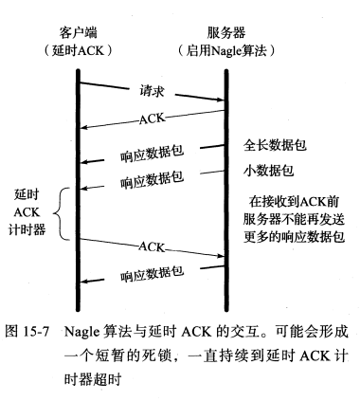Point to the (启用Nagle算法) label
pyautogui.click(x=226, y=49)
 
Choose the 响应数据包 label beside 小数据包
pyautogui.click(x=152, y=179)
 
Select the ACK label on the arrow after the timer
pyautogui.click(x=152, y=246)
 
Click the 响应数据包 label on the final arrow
pyautogui.click(x=152, y=276)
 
